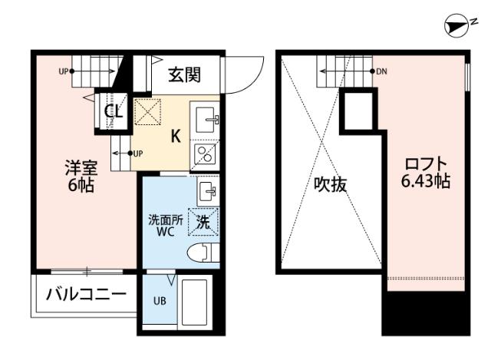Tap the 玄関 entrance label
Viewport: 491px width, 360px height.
tap(184, 74)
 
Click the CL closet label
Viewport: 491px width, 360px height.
tap(114, 112)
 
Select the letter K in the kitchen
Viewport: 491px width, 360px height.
tap(176, 137)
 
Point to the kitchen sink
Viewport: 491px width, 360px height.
tap(206, 119)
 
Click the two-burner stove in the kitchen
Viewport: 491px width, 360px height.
tap(206, 156)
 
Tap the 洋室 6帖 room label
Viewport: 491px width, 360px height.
tap(80, 175)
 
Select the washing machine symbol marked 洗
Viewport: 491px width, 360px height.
tap(203, 222)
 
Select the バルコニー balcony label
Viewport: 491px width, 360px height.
tap(85, 294)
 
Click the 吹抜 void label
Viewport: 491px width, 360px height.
tap(331, 184)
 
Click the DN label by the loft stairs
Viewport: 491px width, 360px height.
tap(381, 71)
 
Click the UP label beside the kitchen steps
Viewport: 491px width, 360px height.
tap(139, 153)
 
